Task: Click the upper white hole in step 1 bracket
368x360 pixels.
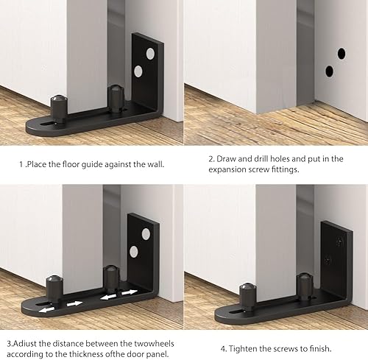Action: coord(150,54)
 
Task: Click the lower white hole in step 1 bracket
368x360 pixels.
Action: coord(138,71)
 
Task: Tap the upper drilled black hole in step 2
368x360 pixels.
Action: coord(342,54)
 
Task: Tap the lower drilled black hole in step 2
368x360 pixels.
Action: coord(329,71)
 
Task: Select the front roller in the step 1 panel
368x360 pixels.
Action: coord(59,108)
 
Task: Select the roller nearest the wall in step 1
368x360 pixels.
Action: coord(116,99)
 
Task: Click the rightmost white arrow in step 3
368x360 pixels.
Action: coord(130,292)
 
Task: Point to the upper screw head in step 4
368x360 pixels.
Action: coord(339,243)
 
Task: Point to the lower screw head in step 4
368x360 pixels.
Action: coord(328,260)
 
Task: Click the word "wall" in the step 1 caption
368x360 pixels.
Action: coord(155,164)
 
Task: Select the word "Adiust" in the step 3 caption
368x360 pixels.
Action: coord(24,344)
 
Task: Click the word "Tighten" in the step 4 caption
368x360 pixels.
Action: coord(242,348)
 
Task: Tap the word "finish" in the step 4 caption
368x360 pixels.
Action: coord(320,348)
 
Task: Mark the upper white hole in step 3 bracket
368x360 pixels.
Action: coord(146,234)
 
